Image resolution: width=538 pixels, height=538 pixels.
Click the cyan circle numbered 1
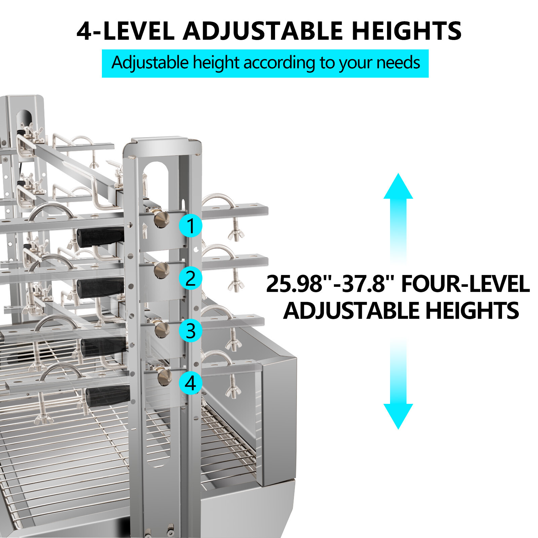coord(190,225)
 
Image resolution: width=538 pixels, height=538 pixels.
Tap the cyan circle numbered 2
coord(190,278)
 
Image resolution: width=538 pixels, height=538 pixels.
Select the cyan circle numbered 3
coord(190,331)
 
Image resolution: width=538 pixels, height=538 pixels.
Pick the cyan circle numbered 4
coord(190,383)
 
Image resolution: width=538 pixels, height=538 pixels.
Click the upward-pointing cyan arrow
coord(398,219)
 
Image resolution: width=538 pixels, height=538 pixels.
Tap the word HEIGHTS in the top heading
coord(407,31)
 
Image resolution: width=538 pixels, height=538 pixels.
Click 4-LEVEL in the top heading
coord(125,31)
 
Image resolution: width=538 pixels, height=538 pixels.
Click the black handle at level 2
coord(100,288)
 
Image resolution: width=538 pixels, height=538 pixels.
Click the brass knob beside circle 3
coord(162,330)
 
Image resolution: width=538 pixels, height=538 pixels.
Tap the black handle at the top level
coord(100,236)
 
